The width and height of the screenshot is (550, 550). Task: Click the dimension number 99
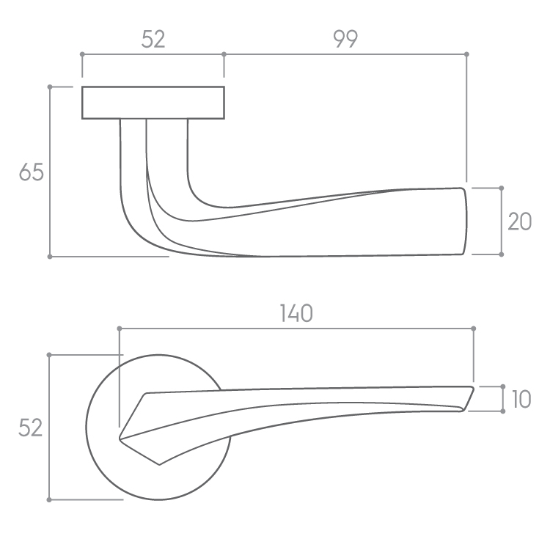(x=345, y=39)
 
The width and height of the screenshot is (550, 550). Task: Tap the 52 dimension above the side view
(x=153, y=39)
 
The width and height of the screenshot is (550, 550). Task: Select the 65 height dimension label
(x=32, y=172)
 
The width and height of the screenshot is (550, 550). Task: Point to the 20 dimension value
(x=520, y=221)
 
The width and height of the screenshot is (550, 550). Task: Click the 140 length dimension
(x=296, y=313)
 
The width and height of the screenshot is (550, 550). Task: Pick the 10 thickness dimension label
(x=521, y=399)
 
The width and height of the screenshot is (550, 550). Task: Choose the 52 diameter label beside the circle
(x=31, y=428)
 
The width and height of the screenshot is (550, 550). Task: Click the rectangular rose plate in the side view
(x=153, y=103)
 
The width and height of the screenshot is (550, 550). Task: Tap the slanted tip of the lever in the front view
(x=469, y=398)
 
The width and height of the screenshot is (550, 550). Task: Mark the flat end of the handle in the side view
(x=465, y=221)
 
